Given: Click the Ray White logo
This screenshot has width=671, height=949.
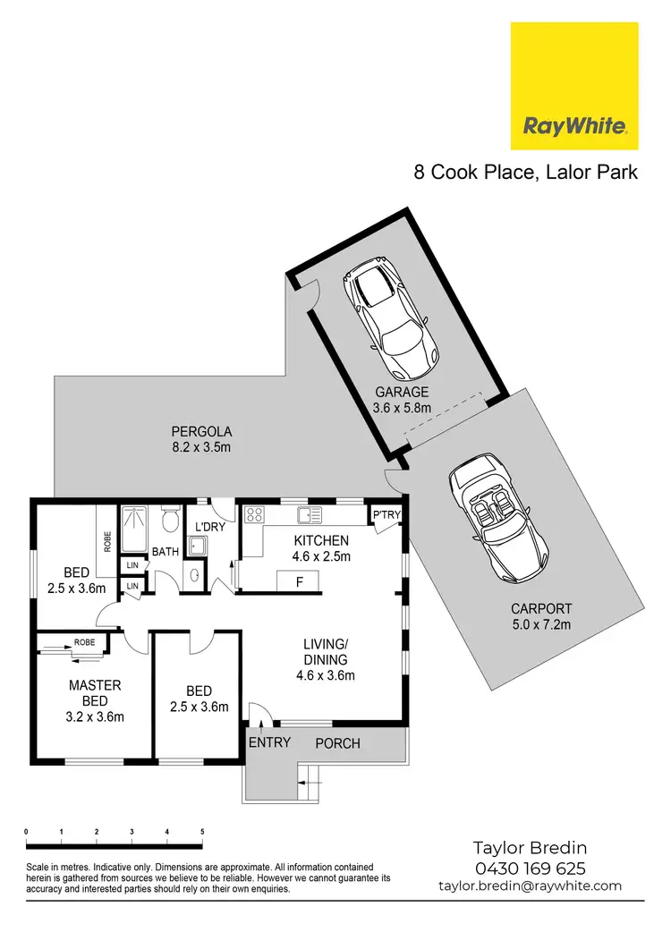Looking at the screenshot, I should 574,87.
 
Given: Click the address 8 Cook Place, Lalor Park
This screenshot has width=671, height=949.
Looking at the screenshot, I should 525,173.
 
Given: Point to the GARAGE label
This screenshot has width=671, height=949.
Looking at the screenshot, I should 402,392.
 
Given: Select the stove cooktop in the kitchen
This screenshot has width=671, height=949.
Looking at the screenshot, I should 254,514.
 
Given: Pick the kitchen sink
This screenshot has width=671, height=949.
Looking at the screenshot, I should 310,514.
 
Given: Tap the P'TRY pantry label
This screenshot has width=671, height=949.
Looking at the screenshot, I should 386,515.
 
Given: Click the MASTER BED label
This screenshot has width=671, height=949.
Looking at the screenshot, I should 96,692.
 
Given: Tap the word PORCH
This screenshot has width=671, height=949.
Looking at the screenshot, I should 338,743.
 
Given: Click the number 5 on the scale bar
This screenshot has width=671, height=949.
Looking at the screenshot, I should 201,832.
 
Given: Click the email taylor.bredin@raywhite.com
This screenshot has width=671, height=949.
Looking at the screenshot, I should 530,885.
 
